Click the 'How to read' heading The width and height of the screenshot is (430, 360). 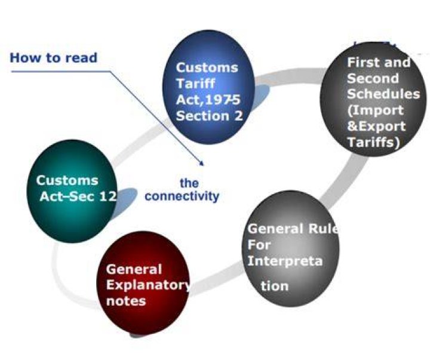54,58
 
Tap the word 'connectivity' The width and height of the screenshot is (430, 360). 182,196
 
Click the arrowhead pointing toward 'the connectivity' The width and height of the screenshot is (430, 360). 202,164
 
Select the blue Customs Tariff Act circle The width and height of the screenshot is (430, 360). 209,87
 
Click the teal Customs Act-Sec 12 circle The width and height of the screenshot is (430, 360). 72,191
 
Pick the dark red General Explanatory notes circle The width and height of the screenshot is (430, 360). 143,283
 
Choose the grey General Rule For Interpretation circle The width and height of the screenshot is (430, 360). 290,248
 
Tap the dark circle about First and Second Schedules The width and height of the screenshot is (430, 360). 373,99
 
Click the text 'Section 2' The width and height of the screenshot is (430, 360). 210,116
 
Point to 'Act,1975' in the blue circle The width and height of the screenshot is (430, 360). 208,100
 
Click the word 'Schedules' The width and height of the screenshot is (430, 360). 383,94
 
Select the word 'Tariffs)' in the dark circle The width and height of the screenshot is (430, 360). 373,142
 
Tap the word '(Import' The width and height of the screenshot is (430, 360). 375,110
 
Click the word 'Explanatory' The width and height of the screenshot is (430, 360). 148,285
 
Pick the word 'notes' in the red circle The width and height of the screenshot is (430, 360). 126,301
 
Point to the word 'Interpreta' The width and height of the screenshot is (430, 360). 285,261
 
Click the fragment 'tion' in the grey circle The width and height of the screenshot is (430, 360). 275,286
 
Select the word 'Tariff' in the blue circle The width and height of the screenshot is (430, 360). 195,84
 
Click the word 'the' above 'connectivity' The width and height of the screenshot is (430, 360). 189,183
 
